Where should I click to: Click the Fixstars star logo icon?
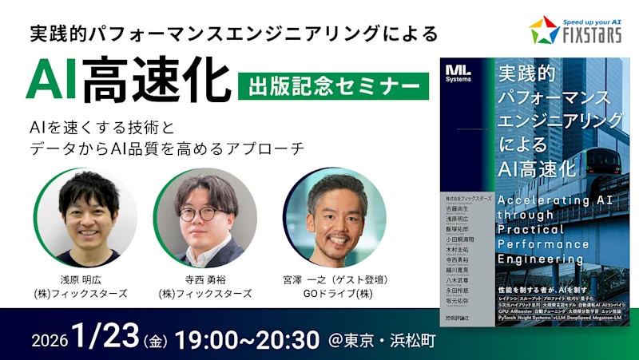coord(544,30)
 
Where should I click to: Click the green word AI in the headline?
coord(53,80)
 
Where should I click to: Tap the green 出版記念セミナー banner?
coord(333,82)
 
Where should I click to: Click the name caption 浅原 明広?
coord(82,279)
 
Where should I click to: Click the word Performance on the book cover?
coord(543,243)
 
